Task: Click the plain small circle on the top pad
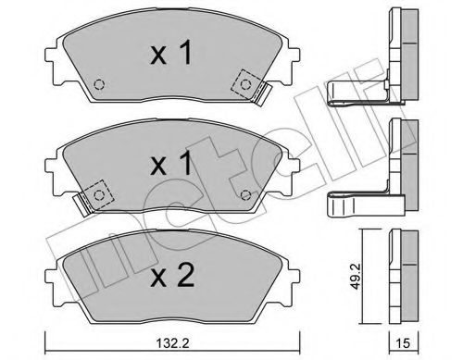[99, 87]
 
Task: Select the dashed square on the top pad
[245, 83]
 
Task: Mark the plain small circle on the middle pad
[244, 194]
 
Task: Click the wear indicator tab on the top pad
[263, 93]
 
